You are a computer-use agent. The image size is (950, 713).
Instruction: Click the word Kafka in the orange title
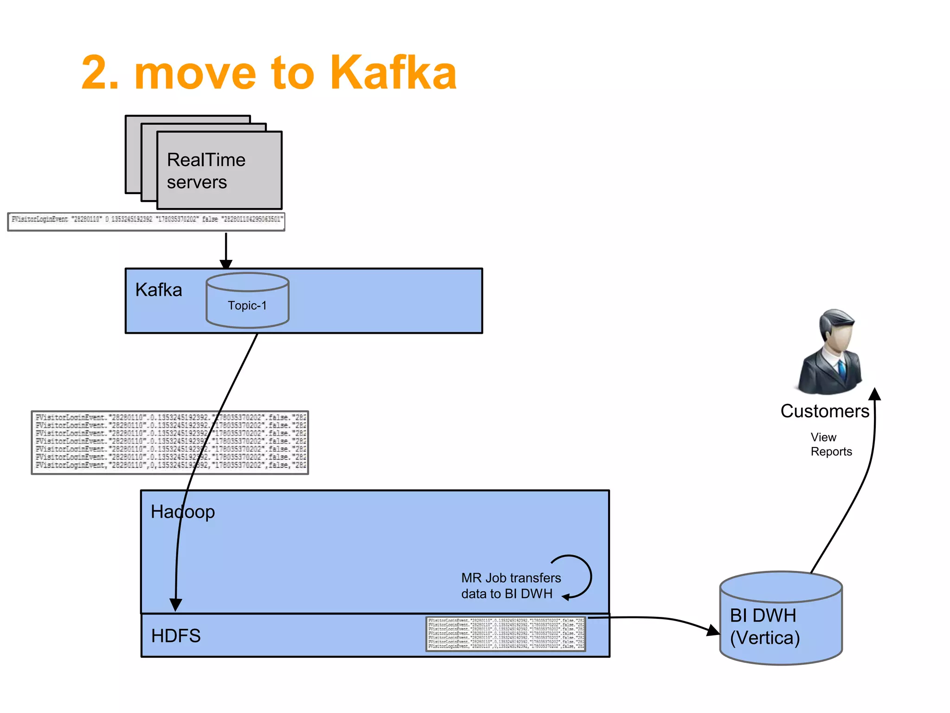(x=393, y=73)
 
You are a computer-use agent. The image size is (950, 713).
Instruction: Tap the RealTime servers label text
(x=205, y=171)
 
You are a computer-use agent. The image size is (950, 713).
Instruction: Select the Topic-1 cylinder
(x=247, y=301)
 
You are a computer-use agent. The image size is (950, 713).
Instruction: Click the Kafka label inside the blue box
(x=159, y=290)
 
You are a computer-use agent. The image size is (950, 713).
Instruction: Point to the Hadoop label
(x=183, y=512)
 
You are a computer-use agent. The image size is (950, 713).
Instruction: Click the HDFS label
(x=176, y=635)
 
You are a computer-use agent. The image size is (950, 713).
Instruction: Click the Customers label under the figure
(x=824, y=411)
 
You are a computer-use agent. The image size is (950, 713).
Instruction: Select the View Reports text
(x=831, y=444)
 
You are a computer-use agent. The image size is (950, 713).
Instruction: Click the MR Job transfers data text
(x=511, y=586)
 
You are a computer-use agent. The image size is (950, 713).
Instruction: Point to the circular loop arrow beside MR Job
(x=583, y=576)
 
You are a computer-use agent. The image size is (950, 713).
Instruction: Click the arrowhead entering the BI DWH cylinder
(x=712, y=630)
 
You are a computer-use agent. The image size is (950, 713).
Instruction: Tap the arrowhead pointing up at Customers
(x=874, y=395)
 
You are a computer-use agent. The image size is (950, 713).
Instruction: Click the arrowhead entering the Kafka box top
(x=226, y=264)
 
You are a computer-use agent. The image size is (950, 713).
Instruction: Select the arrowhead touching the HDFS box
(x=175, y=604)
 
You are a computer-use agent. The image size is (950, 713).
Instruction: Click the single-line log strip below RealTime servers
(x=146, y=221)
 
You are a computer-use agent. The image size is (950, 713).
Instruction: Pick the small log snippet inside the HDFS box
(x=506, y=633)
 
